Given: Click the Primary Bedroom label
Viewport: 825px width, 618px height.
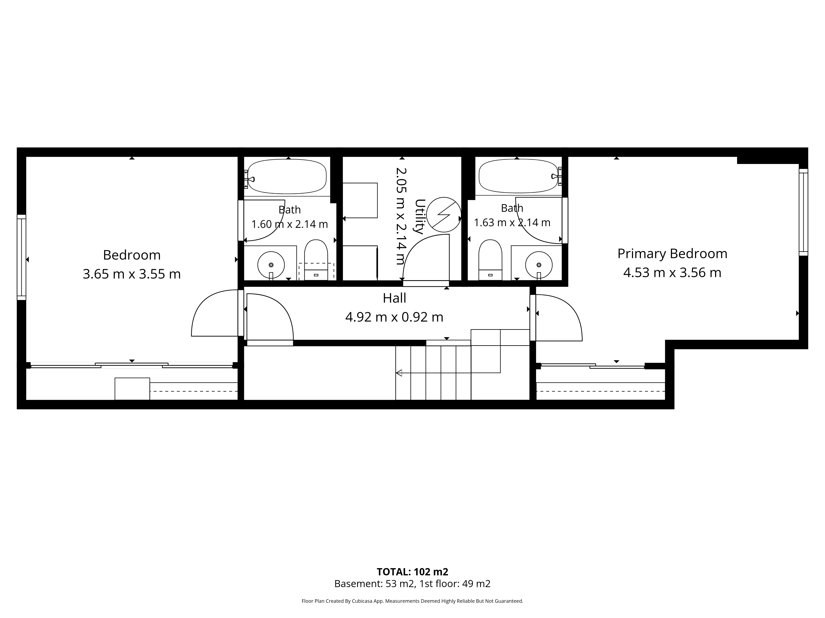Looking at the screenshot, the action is coord(672,254).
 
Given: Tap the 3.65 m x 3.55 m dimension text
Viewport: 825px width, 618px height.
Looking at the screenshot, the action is coord(132,274).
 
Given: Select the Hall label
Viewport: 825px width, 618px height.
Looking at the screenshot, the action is coord(394,298).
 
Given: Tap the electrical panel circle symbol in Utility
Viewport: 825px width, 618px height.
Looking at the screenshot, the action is coord(443,215).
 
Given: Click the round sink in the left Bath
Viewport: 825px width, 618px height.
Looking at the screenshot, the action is coord(271,265).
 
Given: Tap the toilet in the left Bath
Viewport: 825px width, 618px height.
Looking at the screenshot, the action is coord(316,260).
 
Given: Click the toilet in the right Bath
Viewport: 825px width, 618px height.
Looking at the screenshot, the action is coord(490,260).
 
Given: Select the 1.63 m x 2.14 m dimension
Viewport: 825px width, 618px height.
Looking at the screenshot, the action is coord(512,222).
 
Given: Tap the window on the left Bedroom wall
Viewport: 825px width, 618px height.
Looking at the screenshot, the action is coord(22,257).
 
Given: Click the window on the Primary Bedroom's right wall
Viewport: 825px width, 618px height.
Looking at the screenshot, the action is coord(803,212).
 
